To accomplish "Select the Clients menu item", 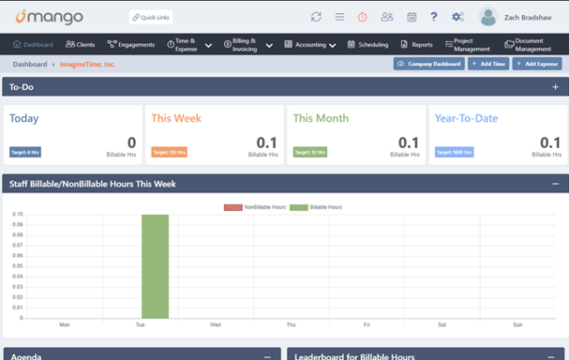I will point(81,44).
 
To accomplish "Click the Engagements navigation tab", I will point(131,44).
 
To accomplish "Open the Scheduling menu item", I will point(368,44).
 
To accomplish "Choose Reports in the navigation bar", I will point(417,44).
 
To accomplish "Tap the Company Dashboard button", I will point(429,64).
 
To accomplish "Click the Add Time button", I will point(487,64).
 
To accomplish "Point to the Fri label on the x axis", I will point(366,325).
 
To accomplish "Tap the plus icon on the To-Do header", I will point(556,87).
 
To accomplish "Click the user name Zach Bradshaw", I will point(528,18).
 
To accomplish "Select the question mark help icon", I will point(434,17).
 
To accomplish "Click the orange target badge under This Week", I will point(169,152).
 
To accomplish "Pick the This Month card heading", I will point(321,118).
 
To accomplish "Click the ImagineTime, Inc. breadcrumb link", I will point(87,64).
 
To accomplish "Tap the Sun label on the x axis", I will point(518,325).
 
